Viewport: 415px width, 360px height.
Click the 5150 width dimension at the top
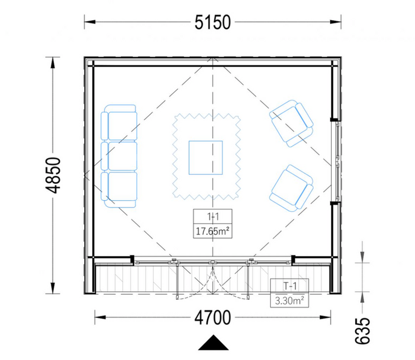212,22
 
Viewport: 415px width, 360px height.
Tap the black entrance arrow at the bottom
212,343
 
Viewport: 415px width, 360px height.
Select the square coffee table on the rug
206,158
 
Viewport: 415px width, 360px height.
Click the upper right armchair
291,124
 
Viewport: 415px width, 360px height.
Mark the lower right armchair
291,187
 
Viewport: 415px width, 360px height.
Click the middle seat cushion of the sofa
121,155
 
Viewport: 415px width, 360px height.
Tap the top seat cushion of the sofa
121,125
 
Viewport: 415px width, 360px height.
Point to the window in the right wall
336,161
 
